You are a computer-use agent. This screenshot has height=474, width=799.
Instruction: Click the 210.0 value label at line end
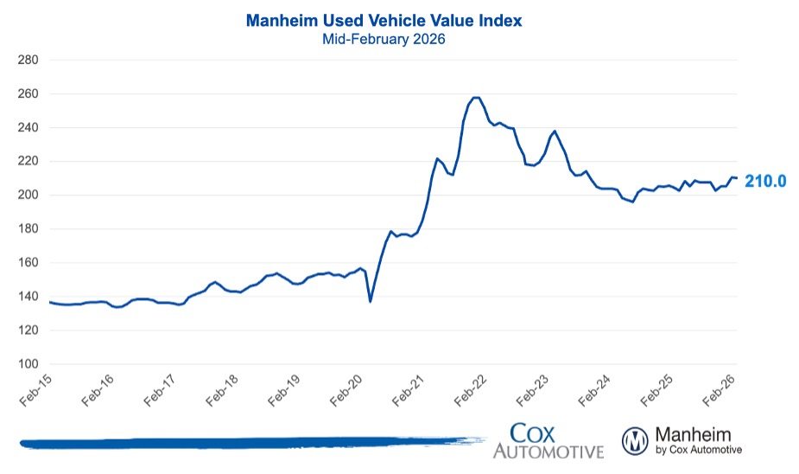click(765, 181)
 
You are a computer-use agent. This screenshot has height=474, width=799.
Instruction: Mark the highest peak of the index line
click(476, 98)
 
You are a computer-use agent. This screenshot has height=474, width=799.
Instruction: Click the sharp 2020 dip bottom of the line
click(371, 301)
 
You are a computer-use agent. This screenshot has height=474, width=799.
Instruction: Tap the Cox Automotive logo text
click(548, 440)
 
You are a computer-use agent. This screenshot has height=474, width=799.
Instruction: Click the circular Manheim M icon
click(636, 440)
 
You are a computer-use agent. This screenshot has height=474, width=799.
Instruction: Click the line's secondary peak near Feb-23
click(555, 131)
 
